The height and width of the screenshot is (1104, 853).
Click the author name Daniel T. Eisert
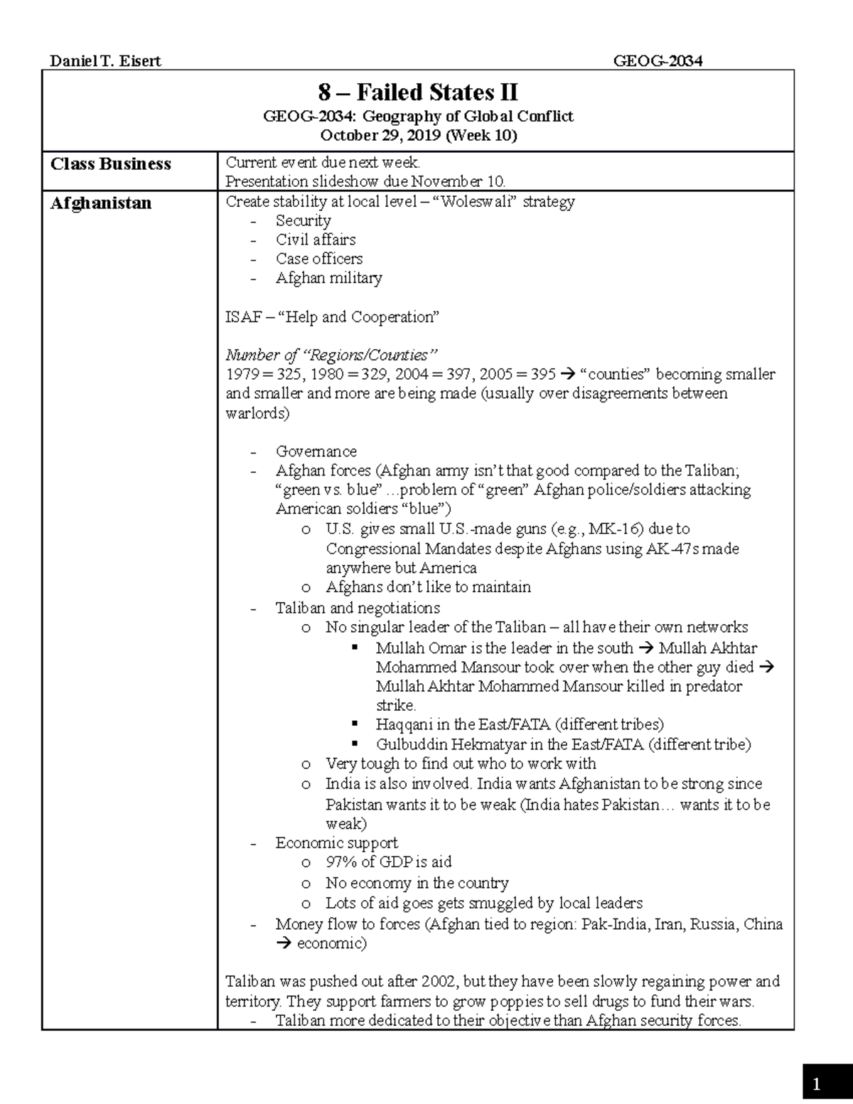click(105, 61)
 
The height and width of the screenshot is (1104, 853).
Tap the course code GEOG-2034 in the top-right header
click(658, 61)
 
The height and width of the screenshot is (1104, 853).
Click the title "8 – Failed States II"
click(418, 92)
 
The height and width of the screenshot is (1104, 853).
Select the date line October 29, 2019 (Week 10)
click(418, 135)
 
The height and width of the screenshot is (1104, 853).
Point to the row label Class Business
click(111, 164)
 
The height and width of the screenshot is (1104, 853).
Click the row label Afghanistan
click(101, 203)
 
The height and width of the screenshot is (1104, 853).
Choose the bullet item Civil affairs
click(316, 240)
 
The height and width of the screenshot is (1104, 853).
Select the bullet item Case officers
click(319, 259)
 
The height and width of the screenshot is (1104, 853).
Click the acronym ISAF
click(243, 317)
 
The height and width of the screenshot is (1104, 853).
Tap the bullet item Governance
click(316, 451)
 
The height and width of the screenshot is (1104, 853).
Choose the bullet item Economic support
click(336, 843)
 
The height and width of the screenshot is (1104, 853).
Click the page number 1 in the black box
click(817, 1084)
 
